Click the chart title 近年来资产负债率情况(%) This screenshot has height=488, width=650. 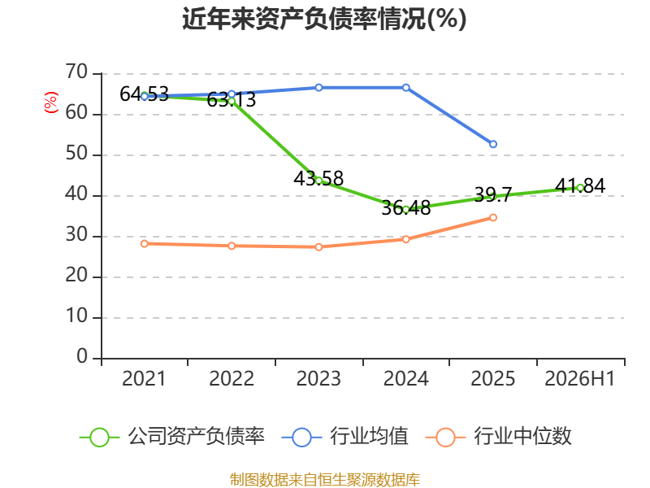point(324,19)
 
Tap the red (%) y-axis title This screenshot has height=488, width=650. point(51,102)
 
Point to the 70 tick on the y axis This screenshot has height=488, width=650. point(76,72)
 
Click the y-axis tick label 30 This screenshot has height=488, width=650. point(76,235)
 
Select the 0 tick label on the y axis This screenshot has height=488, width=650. point(82,357)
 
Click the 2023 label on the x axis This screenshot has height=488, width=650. point(318,378)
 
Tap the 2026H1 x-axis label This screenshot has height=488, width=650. point(579,378)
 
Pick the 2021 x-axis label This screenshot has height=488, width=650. point(144,378)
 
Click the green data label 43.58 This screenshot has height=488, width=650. point(318,178)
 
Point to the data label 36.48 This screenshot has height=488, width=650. point(405,208)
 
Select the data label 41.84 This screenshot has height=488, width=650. point(580,185)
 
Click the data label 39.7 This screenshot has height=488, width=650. point(493,194)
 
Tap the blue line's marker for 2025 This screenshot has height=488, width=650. point(493,144)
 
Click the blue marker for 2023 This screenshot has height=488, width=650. point(318,88)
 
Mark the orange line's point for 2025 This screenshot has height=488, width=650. point(493,217)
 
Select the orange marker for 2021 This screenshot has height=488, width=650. point(145,243)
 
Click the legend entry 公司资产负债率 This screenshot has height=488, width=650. point(172,437)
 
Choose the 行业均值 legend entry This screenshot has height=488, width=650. point(344,437)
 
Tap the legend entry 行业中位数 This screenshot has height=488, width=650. point(499,437)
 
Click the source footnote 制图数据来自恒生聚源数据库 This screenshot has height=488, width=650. point(325,479)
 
